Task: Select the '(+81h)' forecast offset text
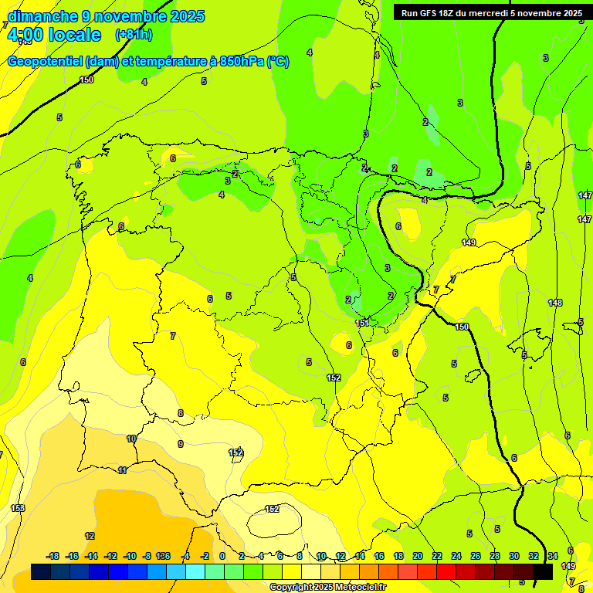(134, 35)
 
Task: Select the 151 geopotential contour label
(362, 323)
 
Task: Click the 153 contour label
(18, 508)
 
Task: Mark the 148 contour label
(555, 303)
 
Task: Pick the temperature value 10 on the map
(131, 439)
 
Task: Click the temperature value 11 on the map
(122, 470)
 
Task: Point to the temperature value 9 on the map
(181, 444)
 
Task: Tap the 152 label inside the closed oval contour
(272, 509)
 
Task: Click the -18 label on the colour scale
(53, 556)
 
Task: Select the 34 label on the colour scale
(553, 556)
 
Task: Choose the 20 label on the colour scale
(418, 556)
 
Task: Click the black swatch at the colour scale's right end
(543, 572)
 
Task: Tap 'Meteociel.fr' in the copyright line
(359, 588)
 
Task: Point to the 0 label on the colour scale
(222, 556)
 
